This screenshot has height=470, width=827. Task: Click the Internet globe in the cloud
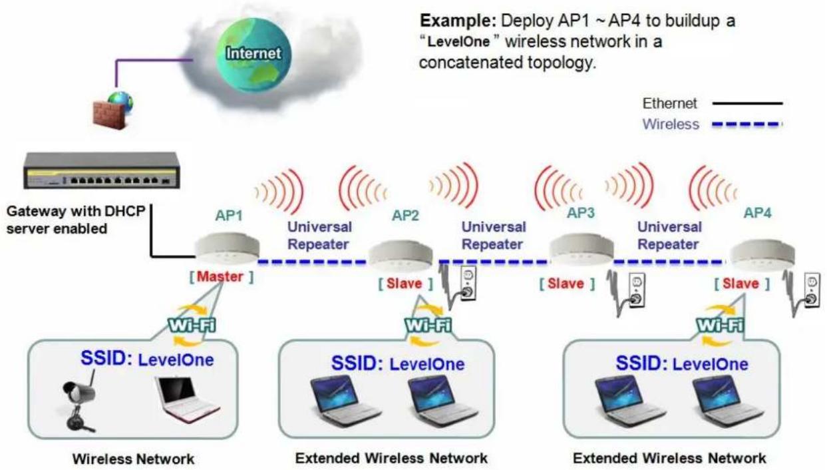(253, 55)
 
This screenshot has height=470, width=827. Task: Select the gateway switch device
(102, 170)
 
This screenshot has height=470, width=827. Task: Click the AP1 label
(229, 216)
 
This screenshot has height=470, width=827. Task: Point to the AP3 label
(581, 212)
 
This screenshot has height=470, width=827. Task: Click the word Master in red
(220, 276)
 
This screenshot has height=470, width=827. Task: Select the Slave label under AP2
(405, 284)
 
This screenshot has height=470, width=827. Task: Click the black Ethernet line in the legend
(747, 103)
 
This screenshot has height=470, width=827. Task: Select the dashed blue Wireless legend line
(747, 124)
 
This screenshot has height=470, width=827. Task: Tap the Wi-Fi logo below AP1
(192, 325)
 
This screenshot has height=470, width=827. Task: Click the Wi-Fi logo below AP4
(720, 325)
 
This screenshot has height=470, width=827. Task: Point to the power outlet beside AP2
(468, 284)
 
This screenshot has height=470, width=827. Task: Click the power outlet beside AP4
(812, 290)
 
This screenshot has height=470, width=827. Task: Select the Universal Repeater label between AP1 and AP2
(319, 236)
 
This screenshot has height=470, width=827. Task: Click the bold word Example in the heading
(458, 21)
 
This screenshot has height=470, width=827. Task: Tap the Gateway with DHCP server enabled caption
(76, 220)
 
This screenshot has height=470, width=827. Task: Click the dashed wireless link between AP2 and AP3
(493, 262)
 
